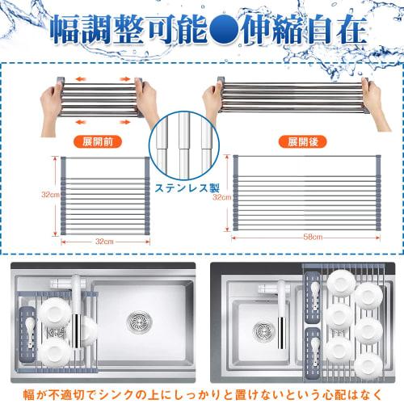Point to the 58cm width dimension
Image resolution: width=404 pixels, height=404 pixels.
(313, 237)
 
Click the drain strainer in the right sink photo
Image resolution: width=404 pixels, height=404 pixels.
(263, 330)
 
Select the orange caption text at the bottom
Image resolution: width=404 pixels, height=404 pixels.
(202, 395)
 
